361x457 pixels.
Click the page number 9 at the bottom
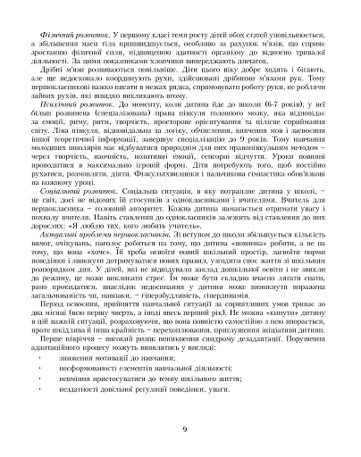coord(182,429)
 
